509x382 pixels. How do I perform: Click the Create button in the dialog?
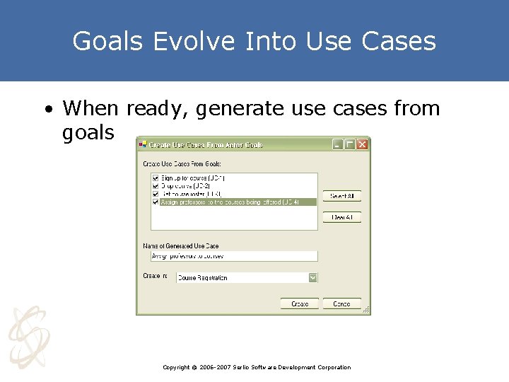(300, 303)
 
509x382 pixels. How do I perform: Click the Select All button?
(342, 196)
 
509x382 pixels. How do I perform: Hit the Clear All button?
(342, 217)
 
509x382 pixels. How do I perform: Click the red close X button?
(362, 144)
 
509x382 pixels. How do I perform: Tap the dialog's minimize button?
(338, 144)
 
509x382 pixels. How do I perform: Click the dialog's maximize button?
(350, 144)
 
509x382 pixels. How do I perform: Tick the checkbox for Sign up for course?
(156, 178)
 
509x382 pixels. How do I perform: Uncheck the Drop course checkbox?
(156, 186)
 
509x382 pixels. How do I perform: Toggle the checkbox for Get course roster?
(156, 194)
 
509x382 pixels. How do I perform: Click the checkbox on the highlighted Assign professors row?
(156, 202)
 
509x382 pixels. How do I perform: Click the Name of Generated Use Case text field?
(233, 256)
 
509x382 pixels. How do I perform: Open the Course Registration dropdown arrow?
(312, 278)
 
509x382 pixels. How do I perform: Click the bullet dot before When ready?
(47, 110)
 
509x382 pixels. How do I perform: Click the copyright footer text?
(256, 367)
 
